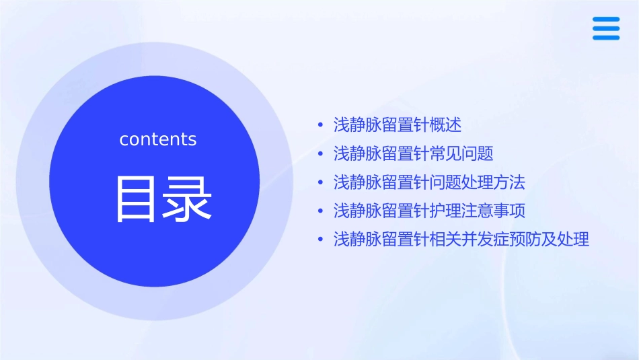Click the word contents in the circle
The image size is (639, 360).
click(x=157, y=139)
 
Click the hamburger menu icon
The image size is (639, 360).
click(x=605, y=28)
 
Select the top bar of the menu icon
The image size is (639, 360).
click(x=605, y=20)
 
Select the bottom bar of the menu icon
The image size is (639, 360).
click(x=605, y=38)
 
